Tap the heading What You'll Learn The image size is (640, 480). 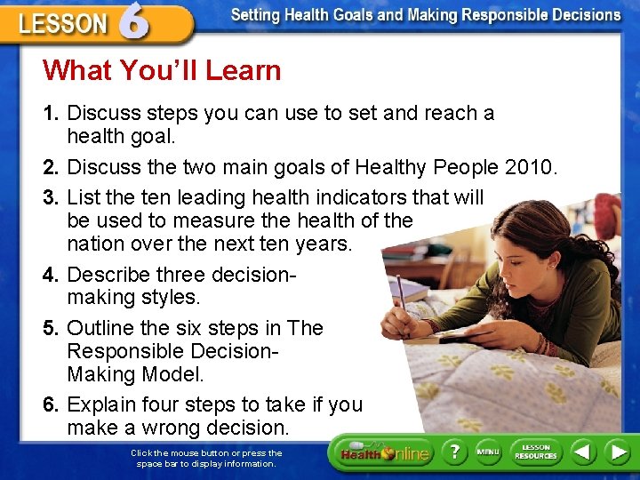(162, 70)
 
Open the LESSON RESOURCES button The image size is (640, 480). (536, 452)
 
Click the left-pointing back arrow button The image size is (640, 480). (582, 452)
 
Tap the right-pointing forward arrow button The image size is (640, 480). (617, 452)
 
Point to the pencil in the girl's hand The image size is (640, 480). (402, 293)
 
